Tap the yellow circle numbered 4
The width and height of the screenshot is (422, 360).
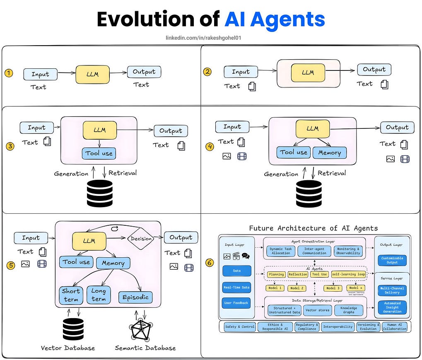coord(210,146)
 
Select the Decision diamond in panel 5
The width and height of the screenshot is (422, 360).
coord(141,239)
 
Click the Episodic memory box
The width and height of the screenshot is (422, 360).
coord(135,297)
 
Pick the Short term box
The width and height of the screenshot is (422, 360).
coord(71,295)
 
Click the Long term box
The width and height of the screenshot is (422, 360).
coord(99,295)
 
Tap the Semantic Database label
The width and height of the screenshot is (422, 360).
coord(145,348)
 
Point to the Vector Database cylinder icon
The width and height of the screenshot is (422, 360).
coord(73,329)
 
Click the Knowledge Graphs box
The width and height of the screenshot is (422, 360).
coord(349,310)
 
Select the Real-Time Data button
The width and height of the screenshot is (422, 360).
coord(236,287)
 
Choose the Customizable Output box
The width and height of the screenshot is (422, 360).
coord(392,260)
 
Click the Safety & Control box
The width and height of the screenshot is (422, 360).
coord(239,327)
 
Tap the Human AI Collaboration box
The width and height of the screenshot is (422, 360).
coord(394,327)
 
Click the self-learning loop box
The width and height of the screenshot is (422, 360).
coord(348,274)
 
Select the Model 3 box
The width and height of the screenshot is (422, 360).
coord(333,288)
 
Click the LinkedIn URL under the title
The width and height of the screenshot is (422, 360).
coord(203,38)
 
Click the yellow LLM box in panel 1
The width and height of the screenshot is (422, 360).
coord(92,75)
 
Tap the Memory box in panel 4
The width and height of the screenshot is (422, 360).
coord(329,153)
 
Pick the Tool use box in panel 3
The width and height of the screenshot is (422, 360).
coord(99,153)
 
